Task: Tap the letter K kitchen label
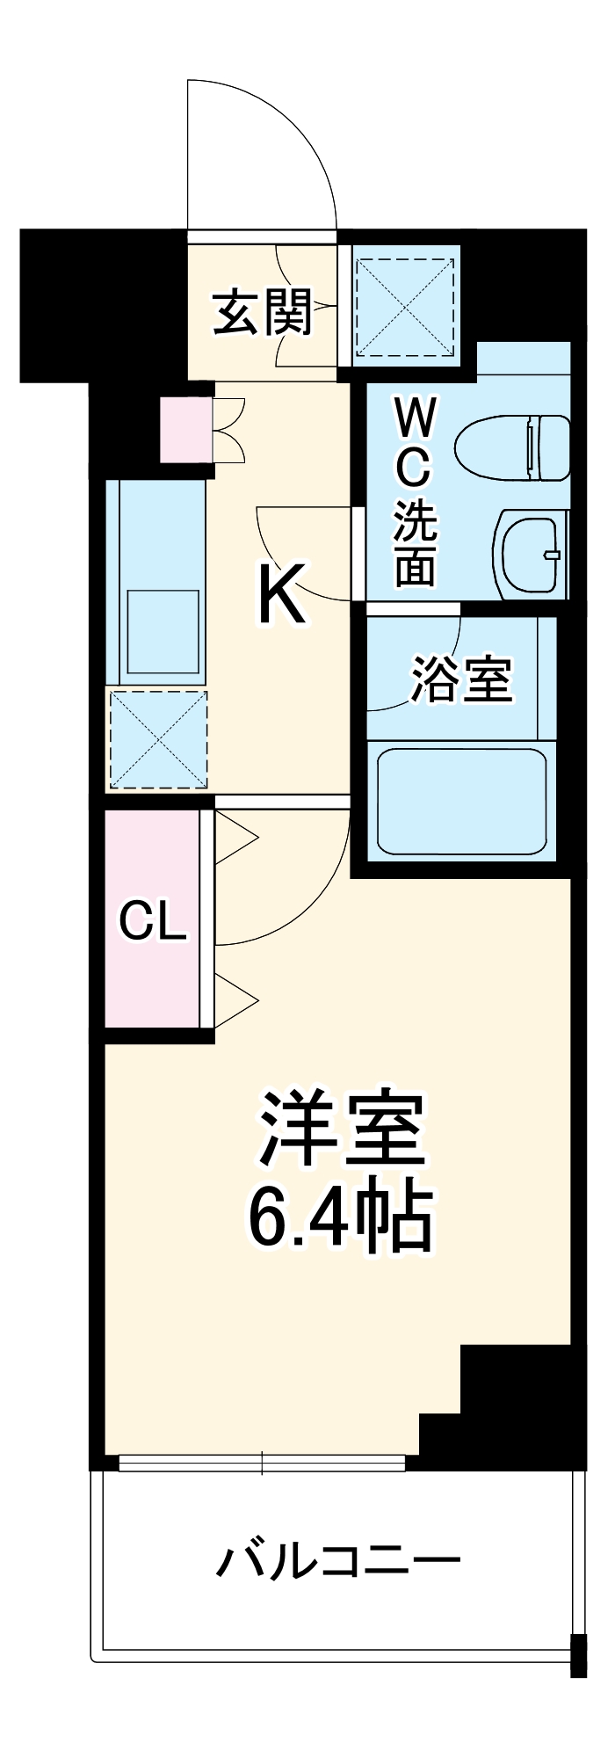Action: (x=281, y=595)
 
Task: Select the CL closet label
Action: (x=153, y=922)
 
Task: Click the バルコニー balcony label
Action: (x=338, y=1561)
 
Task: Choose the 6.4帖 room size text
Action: (x=340, y=1218)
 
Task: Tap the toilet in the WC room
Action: (x=514, y=447)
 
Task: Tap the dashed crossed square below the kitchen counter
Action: (x=158, y=739)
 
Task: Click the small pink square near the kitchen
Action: (x=185, y=430)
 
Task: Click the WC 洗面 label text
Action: (x=414, y=492)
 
